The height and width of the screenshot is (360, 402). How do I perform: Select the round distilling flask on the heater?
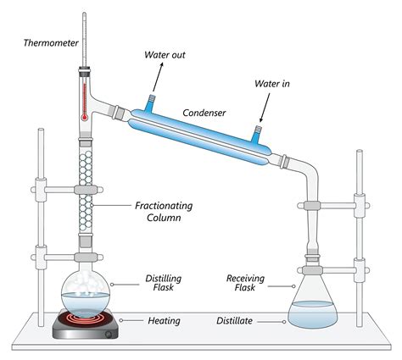(85, 296)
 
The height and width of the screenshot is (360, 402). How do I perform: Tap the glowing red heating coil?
(85, 323)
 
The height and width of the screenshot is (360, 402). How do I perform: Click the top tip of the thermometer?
(85, 15)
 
